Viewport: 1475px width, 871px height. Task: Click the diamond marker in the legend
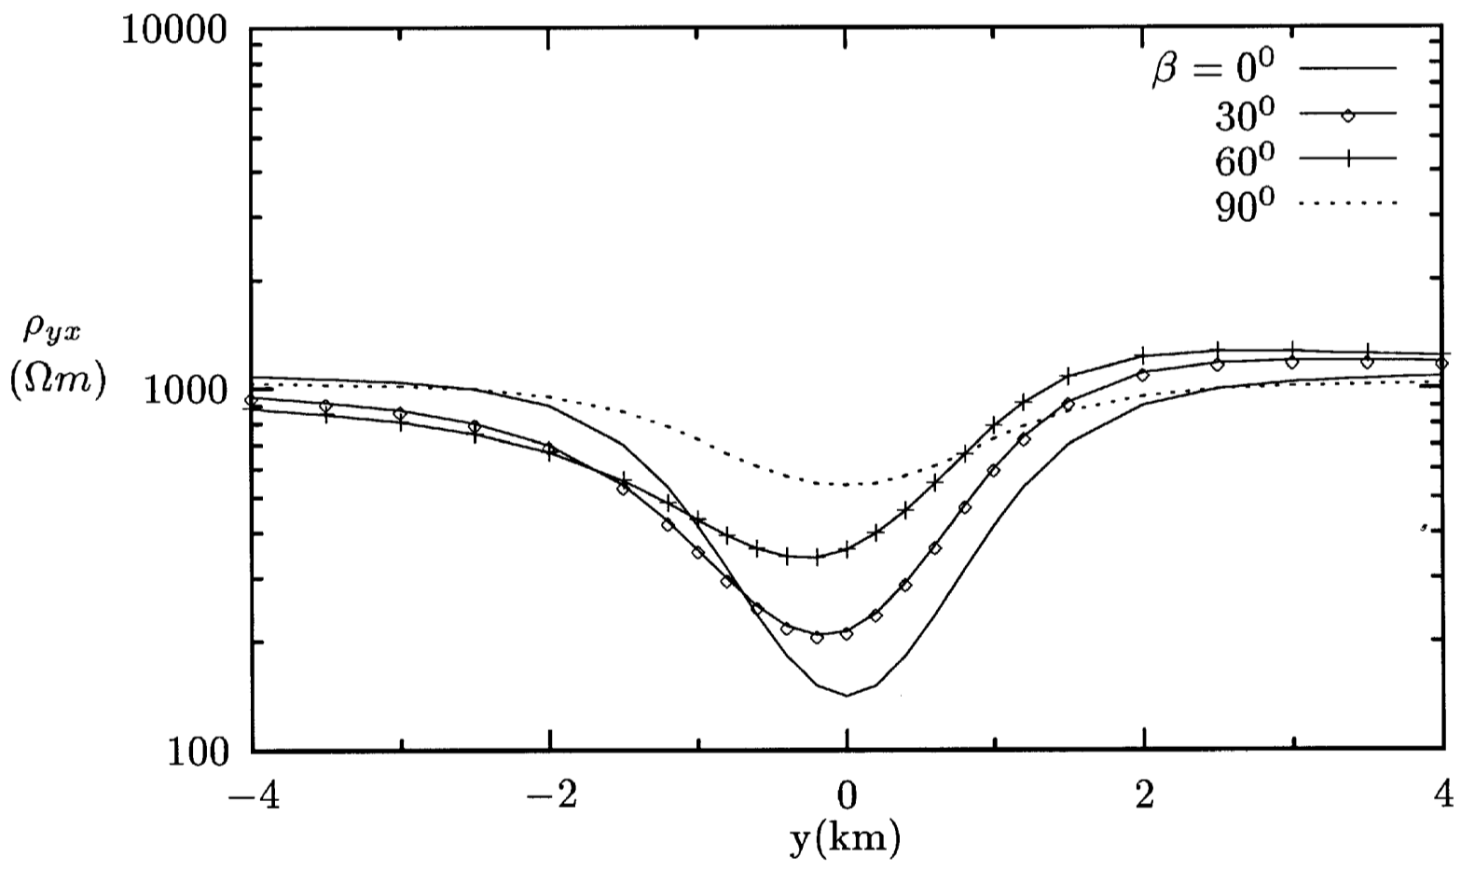click(x=1347, y=115)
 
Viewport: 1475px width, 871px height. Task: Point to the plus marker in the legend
click(x=1347, y=159)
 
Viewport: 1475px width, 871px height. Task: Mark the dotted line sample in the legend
click(x=1347, y=202)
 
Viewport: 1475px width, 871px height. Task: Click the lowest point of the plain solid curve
click(x=847, y=695)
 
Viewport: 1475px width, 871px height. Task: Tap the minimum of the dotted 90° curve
click(x=847, y=484)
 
